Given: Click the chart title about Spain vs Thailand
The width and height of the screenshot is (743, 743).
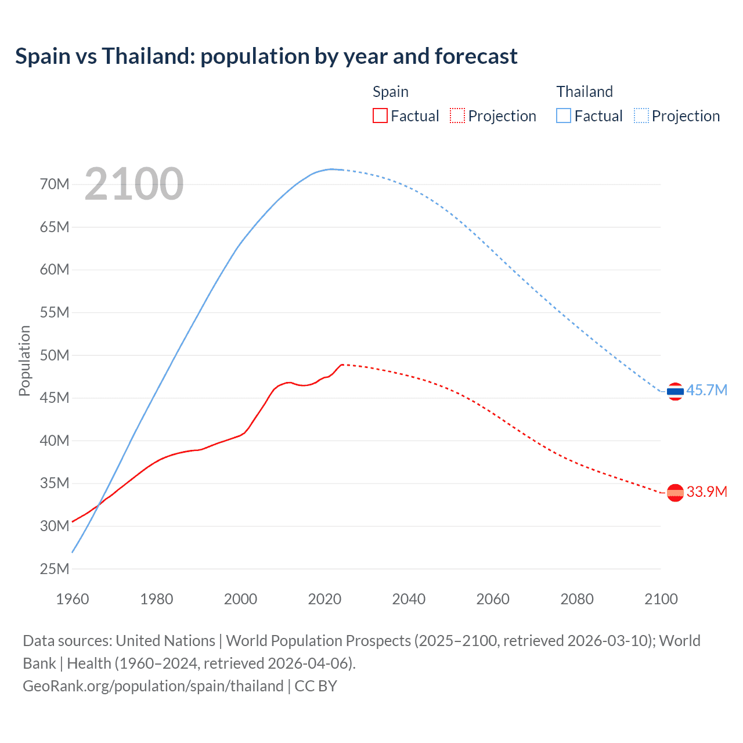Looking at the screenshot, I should (266, 56).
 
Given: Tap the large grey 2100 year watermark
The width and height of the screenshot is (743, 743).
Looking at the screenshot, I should (134, 185).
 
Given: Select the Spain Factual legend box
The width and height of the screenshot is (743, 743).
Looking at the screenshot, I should (380, 116).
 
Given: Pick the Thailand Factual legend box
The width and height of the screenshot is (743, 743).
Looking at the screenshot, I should (563, 116).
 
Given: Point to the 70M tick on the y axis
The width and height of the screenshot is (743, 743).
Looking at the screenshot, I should (55, 185).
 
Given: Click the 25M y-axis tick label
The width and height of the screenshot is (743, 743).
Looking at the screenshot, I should (55, 569).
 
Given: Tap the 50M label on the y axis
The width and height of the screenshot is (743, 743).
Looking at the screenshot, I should (55, 355).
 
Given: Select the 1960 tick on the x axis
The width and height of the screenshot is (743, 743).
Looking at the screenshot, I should (73, 599).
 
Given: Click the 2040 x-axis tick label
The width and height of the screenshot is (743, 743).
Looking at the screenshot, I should (409, 599).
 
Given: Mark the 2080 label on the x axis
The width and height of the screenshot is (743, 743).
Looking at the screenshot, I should (577, 599).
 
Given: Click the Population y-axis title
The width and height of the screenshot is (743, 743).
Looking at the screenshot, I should (24, 361).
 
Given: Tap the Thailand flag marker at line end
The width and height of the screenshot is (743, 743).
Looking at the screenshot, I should (675, 392).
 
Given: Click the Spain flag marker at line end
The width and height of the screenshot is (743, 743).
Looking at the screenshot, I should (675, 493).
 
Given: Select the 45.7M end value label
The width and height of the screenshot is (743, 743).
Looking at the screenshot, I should (706, 390).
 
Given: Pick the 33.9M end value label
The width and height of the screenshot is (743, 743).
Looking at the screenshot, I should (706, 492).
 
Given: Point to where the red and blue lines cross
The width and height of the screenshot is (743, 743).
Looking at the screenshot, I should (98, 506).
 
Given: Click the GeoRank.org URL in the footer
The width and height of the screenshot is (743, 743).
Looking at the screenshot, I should (153, 686).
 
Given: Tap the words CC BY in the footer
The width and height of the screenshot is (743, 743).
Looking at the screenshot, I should (316, 686).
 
